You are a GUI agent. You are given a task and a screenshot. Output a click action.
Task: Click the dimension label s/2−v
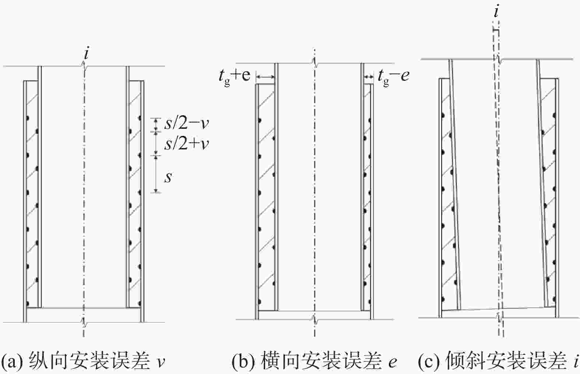coord(186,124)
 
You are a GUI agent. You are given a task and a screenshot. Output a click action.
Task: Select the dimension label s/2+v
coord(186,144)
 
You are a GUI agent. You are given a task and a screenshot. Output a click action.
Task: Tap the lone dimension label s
coord(168,177)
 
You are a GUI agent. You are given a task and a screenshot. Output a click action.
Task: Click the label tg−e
coord(394,77)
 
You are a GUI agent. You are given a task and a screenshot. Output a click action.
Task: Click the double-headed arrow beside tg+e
coord(265,77)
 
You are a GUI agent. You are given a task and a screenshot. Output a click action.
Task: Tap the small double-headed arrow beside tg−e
coord(369,77)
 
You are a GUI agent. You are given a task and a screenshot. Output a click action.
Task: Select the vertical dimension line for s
coord(156,174)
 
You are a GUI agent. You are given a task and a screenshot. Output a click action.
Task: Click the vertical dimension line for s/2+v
coord(156,144)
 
